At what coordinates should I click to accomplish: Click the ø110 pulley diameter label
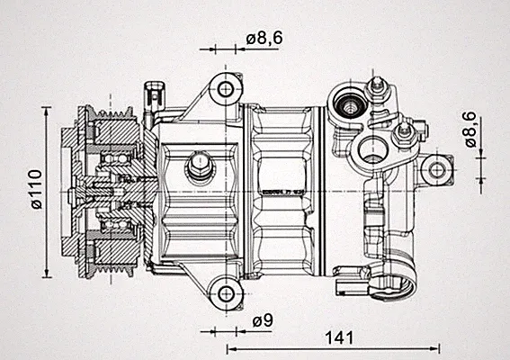pos(37,189)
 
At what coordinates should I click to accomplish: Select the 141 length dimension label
pos(339,337)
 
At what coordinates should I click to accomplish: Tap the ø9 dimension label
pos(263,320)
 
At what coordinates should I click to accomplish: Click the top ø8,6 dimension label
pos(264,39)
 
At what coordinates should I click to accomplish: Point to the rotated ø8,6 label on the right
pos(470,130)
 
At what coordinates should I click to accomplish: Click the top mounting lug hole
pos(226,89)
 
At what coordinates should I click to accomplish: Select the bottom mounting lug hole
pos(226,294)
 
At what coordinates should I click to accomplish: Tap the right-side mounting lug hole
pos(436,170)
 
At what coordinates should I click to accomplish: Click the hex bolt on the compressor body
pos(199,165)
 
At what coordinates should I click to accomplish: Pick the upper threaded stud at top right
pos(377,87)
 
